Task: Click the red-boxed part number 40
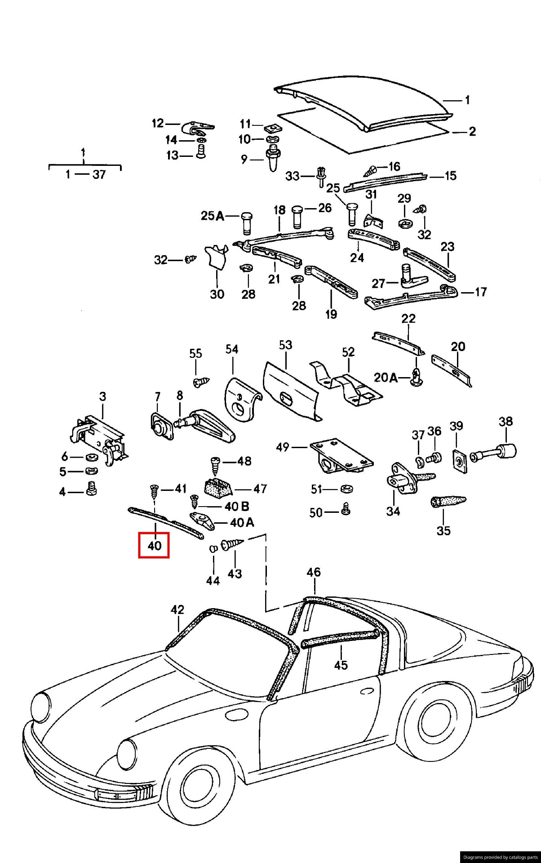tap(154, 545)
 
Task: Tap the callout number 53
tap(285, 345)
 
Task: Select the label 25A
tap(212, 216)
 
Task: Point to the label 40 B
tap(237, 506)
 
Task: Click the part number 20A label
tap(386, 377)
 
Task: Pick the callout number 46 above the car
tap(314, 572)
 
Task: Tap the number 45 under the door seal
tap(341, 665)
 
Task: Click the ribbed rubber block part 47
tap(218, 487)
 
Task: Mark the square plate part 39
tap(458, 461)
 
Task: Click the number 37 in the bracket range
tap(99, 174)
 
